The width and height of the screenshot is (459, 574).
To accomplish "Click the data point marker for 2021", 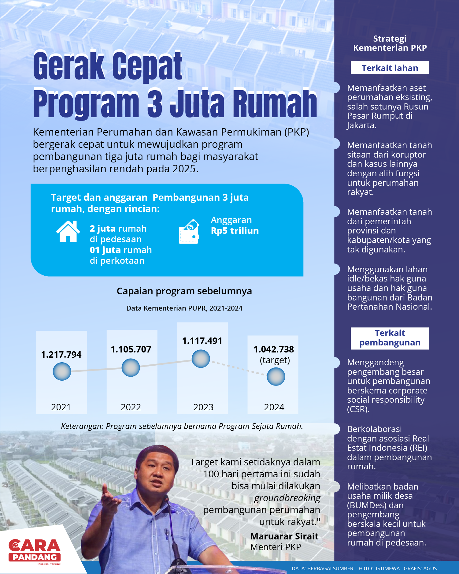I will (62, 371).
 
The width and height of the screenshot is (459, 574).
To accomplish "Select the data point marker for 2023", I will (201, 359).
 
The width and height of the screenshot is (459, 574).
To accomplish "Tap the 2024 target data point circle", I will (276, 376).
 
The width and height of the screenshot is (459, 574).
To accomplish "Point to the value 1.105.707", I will (131, 349).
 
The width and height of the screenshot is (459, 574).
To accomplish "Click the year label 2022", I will (131, 407).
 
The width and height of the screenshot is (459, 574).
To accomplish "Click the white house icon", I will (68, 232).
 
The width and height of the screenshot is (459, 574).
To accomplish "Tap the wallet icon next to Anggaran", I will (189, 232).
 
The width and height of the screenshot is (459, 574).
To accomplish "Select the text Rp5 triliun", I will (235, 231).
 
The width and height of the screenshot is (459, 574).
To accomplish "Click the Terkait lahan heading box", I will (390, 68).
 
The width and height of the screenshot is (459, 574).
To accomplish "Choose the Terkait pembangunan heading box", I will (390, 338).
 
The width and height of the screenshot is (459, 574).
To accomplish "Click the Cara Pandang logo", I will (35, 551).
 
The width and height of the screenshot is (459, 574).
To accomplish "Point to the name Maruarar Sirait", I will (284, 536).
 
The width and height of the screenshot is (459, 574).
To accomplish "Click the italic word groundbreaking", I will (287, 498).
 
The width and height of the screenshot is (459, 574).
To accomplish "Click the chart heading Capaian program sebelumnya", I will (184, 291).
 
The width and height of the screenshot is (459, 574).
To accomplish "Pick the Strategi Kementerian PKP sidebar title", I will (390, 43).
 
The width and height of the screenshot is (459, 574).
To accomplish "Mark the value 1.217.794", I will (61, 355).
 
